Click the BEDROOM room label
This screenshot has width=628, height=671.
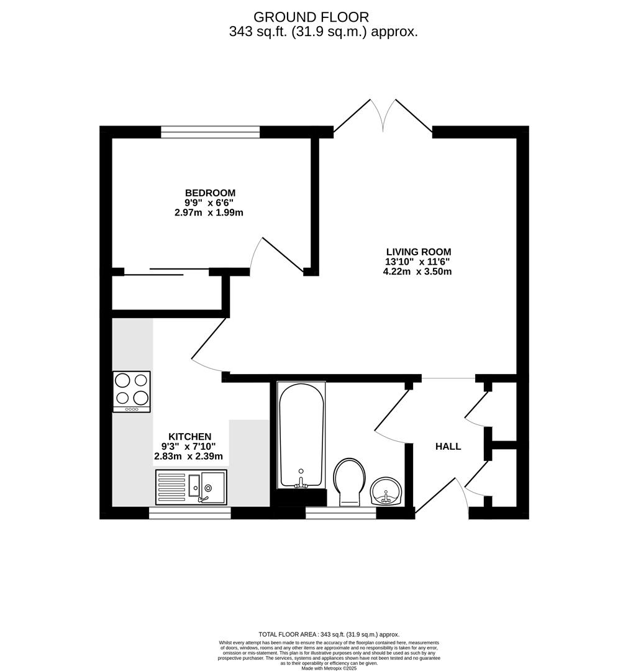coord(210,193)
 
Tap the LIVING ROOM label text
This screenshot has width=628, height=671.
coord(419,252)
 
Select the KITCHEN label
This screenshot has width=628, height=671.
coord(189,437)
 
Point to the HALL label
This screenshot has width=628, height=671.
coord(448,447)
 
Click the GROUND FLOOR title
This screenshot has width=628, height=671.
coord(311,17)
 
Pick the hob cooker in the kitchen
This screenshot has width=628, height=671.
coord(132,391)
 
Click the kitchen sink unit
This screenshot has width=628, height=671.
coord(191,487)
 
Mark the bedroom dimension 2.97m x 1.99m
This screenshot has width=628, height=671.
coord(209,212)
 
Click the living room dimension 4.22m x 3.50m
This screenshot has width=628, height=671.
coord(417,272)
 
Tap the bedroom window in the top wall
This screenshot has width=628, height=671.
coord(211,132)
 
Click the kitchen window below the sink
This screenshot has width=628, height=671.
coord(189,513)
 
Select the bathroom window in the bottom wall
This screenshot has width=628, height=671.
coord(341,513)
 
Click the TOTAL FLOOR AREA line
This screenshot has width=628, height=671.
coord(329,634)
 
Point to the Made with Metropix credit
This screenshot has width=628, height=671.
coord(329,668)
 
